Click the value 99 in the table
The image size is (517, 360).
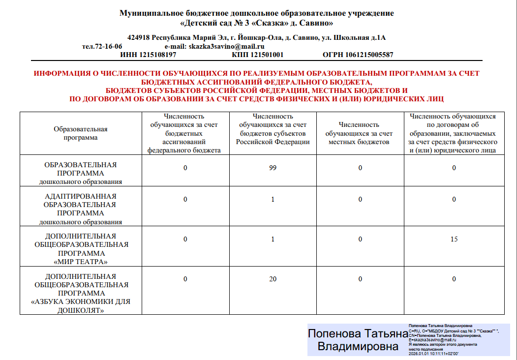tap(273, 168)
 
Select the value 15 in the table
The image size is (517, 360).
tap(454, 240)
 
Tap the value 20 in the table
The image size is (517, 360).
tap(273, 279)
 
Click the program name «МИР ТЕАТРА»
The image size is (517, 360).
tap(81, 262)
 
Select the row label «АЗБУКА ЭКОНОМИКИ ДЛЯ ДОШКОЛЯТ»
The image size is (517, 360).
tap(81, 305)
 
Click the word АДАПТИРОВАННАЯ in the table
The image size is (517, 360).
tap(81, 196)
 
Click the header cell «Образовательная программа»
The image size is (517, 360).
tap(81, 133)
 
